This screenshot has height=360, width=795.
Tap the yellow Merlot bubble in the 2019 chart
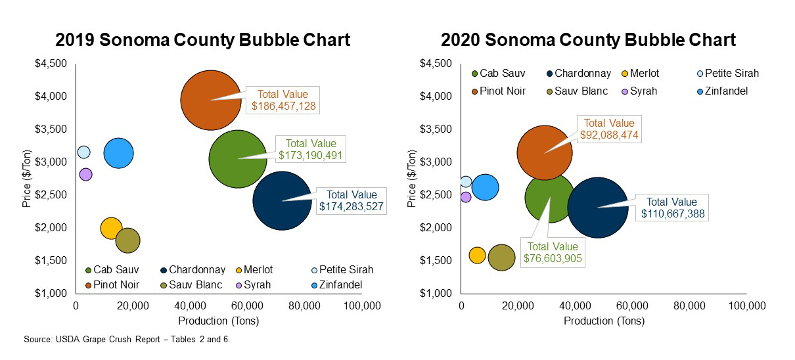coord(111,229)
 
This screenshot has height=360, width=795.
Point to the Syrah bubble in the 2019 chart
coord(85,174)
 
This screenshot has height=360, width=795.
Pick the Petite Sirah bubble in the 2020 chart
coord(466,181)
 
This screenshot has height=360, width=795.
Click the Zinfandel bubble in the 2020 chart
coord(485,187)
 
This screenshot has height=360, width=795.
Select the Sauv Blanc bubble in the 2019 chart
coord(128,240)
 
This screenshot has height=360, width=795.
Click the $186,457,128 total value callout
coord(283,99)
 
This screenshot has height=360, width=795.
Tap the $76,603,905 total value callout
coord(553,252)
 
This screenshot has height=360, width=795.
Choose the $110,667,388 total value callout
coord(671,208)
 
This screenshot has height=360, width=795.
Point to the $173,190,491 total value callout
coord(311,149)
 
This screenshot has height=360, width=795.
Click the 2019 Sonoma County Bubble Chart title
coord(203,39)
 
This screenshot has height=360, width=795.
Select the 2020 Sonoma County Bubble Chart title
coord(588,39)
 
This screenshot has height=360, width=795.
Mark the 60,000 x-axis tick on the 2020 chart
coord(633,305)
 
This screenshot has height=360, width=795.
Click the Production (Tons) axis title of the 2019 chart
coord(218,321)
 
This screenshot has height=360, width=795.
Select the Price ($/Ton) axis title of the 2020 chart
coord(412,178)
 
